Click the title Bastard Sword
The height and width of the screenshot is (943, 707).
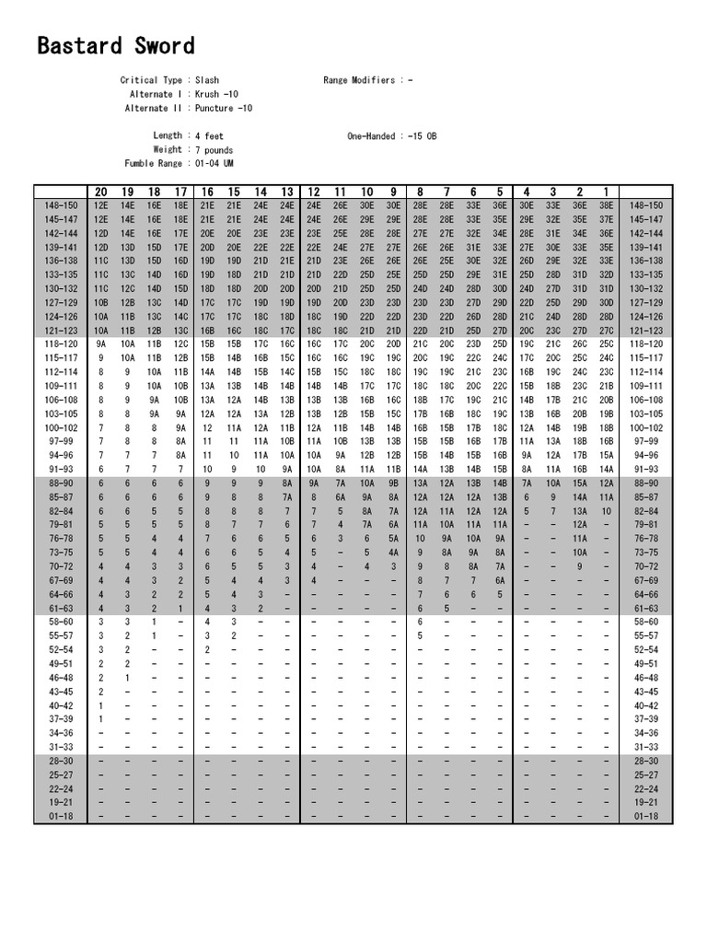(x=116, y=46)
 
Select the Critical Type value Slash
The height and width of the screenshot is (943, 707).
(x=207, y=81)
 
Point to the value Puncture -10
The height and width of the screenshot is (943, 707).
(x=224, y=109)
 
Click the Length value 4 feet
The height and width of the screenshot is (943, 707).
(x=209, y=135)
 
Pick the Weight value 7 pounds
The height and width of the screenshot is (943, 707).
(x=214, y=149)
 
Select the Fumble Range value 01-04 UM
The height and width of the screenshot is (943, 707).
(x=217, y=163)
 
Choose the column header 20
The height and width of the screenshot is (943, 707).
(x=101, y=192)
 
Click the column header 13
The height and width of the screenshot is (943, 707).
(x=287, y=192)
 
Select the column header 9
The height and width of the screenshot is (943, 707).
(x=394, y=192)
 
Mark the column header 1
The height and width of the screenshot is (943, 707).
(x=607, y=192)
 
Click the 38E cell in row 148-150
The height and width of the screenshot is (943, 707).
(x=607, y=205)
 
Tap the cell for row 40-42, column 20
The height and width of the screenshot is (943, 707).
(x=101, y=705)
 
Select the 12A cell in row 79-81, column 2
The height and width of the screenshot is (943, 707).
(x=580, y=524)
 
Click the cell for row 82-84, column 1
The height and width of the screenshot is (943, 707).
(x=607, y=510)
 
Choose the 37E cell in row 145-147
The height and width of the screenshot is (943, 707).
(x=607, y=220)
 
